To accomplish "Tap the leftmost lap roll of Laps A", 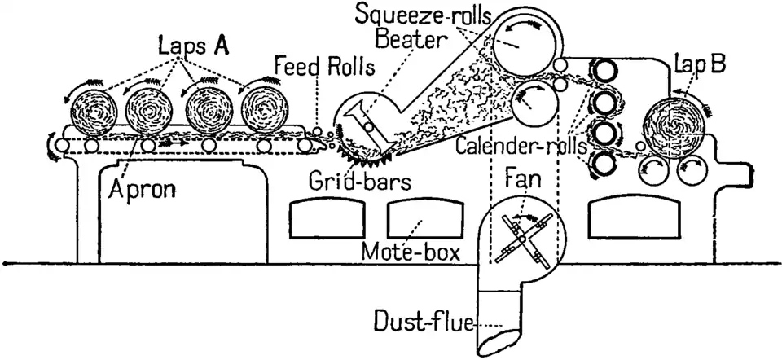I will [90, 110].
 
